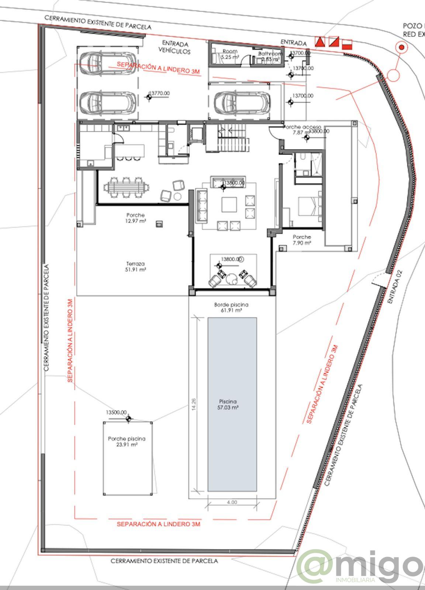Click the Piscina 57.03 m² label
[x=228, y=405]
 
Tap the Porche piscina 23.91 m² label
[x=127, y=442]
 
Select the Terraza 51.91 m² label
[x=135, y=267]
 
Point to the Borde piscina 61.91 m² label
[x=231, y=308]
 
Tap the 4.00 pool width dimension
[x=232, y=502]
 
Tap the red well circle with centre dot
[x=401, y=47]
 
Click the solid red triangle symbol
[x=319, y=42]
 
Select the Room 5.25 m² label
[x=230, y=54]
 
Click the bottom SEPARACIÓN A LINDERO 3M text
[x=159, y=524]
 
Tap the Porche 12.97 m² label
[x=135, y=218]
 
